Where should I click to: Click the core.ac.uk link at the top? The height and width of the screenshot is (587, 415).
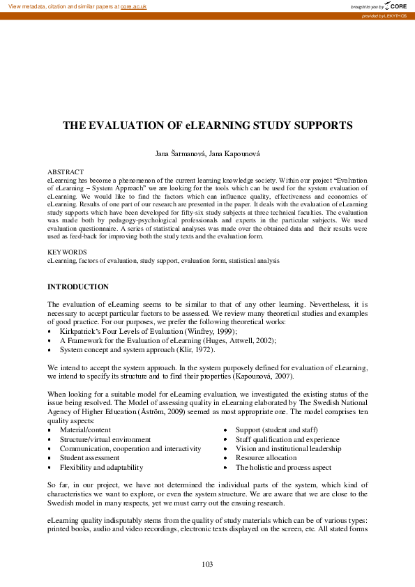coord(133,6)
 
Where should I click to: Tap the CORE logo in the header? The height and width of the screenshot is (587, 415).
coord(396,6)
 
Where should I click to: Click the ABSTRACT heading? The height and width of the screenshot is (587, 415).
coord(66,171)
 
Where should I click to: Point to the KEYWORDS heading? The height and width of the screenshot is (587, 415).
coord(67,252)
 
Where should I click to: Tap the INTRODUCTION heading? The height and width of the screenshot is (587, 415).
coord(78,287)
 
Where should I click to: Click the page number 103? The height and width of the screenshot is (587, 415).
coord(207,564)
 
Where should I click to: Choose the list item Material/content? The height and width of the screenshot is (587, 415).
coord(85,431)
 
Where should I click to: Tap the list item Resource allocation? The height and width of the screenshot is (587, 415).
coord(266,458)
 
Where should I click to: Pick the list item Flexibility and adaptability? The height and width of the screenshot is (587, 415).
coord(101,467)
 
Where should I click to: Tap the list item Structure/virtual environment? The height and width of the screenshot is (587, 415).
coord(105,440)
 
